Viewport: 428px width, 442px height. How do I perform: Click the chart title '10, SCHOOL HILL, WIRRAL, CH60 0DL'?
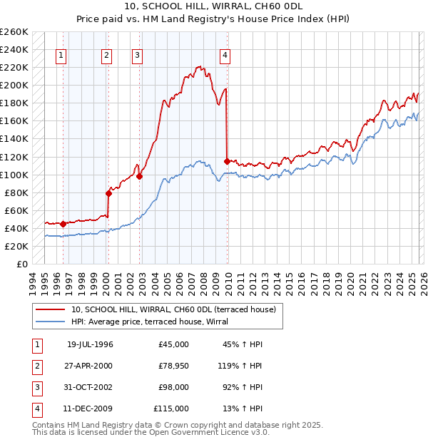tap(214, 9)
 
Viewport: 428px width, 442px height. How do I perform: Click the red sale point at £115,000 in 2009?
tap(227, 161)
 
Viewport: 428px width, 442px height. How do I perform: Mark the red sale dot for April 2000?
tap(109, 193)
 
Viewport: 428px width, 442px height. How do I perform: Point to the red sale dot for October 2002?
tap(140, 176)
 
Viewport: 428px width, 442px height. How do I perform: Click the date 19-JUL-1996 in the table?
tap(90, 344)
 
